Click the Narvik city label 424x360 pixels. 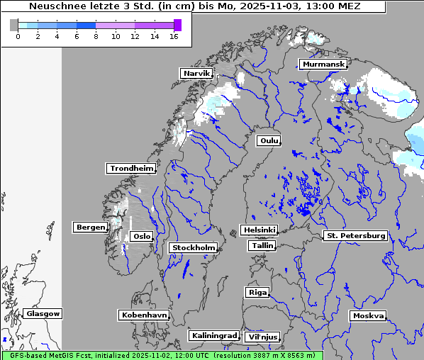point(196,73)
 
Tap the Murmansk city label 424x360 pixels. point(323,64)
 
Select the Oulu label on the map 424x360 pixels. point(269,140)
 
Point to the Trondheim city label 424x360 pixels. point(131,168)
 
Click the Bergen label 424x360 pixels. point(89,227)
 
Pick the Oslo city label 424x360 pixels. point(142,236)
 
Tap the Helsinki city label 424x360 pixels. point(259,230)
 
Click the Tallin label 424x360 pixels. point(262,245)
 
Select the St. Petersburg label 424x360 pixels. point(355,235)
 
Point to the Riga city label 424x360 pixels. point(257,292)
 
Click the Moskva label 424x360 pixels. point(368,315)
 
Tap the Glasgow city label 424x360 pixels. point(43,313)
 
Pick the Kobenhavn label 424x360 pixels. point(143,314)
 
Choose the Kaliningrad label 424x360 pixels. point(213,335)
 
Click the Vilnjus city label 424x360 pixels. point(262,337)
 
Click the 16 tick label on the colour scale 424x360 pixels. point(173,36)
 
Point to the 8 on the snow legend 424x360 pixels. point(96,36)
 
